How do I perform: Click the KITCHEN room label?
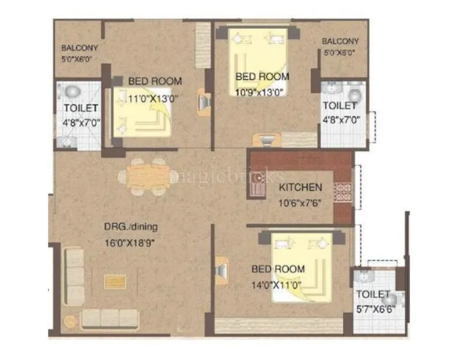coord(300,188)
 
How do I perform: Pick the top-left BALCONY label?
coord(80,48)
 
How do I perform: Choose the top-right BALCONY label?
coord(340,41)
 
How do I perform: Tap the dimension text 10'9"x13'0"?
coord(261,91)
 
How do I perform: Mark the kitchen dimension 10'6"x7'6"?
coord(300,202)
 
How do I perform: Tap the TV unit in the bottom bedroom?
coord(220,271)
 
